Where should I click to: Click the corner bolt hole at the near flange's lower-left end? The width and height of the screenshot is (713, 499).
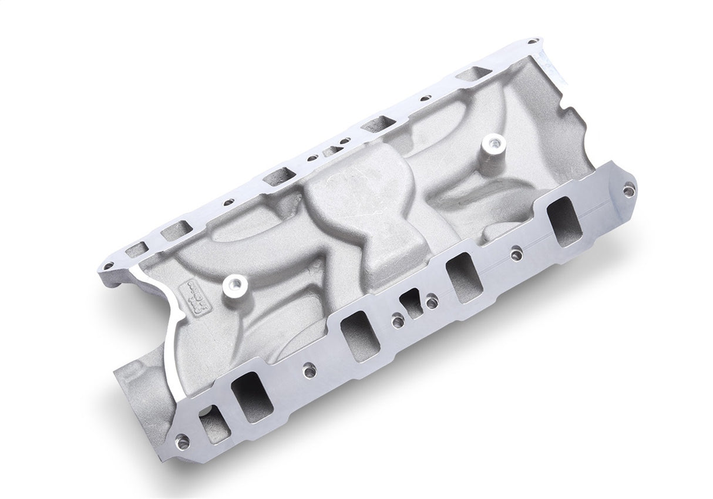pyautogui.click(x=182, y=441)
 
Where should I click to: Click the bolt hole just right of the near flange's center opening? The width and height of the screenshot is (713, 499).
pyautogui.click(x=432, y=302)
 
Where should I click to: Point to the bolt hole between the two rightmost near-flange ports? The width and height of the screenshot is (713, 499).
pyautogui.click(x=516, y=255)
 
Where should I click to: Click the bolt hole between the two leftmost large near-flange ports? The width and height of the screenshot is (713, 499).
pyautogui.click(x=308, y=370)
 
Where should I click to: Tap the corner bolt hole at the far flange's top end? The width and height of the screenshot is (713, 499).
pyautogui.click(x=533, y=42)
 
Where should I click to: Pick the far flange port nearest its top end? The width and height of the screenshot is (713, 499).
pyautogui.click(x=482, y=75)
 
